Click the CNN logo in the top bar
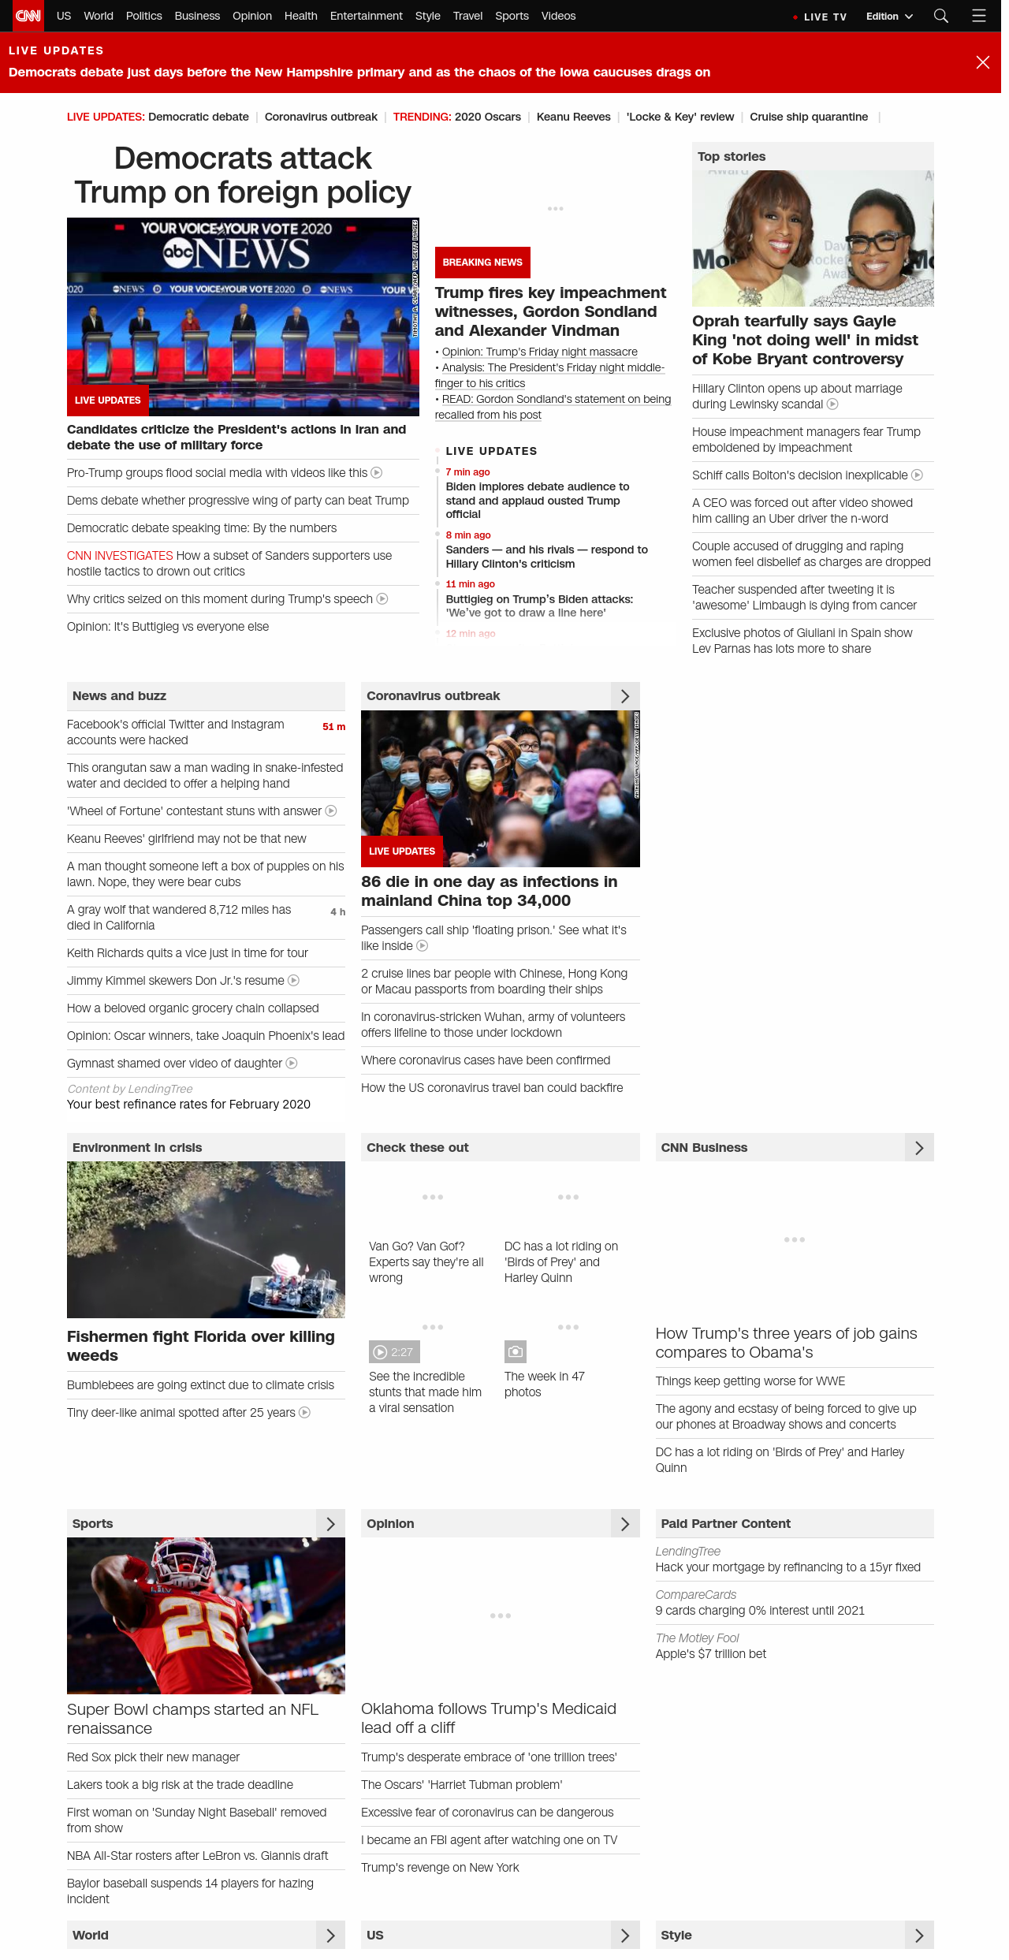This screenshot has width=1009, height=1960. click(28, 16)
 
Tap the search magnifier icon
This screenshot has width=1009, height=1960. click(940, 16)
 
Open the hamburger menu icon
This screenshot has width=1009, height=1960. click(979, 16)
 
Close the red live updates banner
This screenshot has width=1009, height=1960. click(982, 62)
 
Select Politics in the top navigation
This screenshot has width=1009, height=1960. click(143, 16)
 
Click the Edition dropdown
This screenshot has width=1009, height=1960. click(888, 17)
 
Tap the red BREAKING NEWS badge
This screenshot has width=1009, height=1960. click(482, 263)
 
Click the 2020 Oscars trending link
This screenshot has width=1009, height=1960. click(487, 117)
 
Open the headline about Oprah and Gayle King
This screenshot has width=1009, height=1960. click(805, 340)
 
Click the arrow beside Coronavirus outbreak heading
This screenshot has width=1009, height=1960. click(625, 696)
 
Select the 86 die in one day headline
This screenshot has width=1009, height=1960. click(489, 891)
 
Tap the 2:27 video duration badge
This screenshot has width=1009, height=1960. click(394, 1352)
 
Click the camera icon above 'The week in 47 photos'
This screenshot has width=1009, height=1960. click(515, 1352)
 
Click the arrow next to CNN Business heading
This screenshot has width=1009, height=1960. click(919, 1148)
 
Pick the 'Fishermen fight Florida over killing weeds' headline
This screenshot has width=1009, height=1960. click(200, 1346)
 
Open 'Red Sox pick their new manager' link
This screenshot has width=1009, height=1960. click(153, 1757)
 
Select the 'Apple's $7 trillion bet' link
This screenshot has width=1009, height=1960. click(710, 1654)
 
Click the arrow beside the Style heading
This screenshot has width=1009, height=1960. click(919, 1935)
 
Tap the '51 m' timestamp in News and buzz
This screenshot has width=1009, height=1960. click(333, 727)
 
